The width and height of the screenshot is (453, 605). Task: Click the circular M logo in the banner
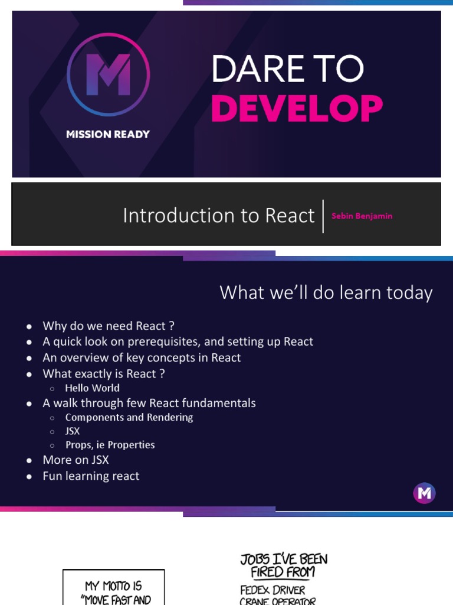108,74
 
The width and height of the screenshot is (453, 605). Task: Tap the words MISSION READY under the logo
108,134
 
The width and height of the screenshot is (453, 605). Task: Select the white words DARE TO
287,70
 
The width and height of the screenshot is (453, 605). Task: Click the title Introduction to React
218,216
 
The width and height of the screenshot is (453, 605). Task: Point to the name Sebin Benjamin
362,216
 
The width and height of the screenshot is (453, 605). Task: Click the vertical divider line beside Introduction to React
323,216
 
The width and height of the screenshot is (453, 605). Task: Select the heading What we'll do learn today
326,292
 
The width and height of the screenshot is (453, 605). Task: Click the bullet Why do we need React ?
109,326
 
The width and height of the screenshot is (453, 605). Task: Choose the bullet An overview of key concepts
142,357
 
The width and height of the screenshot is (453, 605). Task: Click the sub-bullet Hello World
92,388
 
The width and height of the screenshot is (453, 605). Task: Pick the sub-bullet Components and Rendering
129,417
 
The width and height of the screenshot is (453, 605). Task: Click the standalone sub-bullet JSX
73,431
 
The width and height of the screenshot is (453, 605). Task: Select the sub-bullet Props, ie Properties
110,445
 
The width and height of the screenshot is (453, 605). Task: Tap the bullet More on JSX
75,460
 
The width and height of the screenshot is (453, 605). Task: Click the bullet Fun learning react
91,476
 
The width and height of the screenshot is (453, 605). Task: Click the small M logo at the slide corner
424,493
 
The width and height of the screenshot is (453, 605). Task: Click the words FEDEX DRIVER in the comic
272,590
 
